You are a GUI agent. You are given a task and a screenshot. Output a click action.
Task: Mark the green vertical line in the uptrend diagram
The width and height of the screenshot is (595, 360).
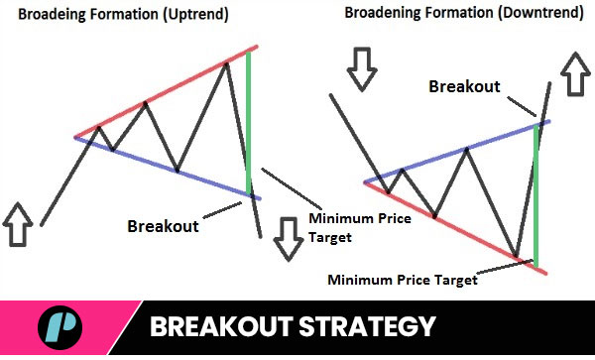click(x=248, y=119)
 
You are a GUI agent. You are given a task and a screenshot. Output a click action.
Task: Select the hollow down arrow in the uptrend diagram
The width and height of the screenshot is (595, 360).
click(x=289, y=238)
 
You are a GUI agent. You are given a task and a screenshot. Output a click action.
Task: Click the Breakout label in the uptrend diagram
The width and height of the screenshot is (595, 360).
click(x=163, y=225)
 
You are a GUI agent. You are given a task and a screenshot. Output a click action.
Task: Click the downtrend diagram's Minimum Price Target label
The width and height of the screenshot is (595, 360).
click(x=403, y=280)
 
